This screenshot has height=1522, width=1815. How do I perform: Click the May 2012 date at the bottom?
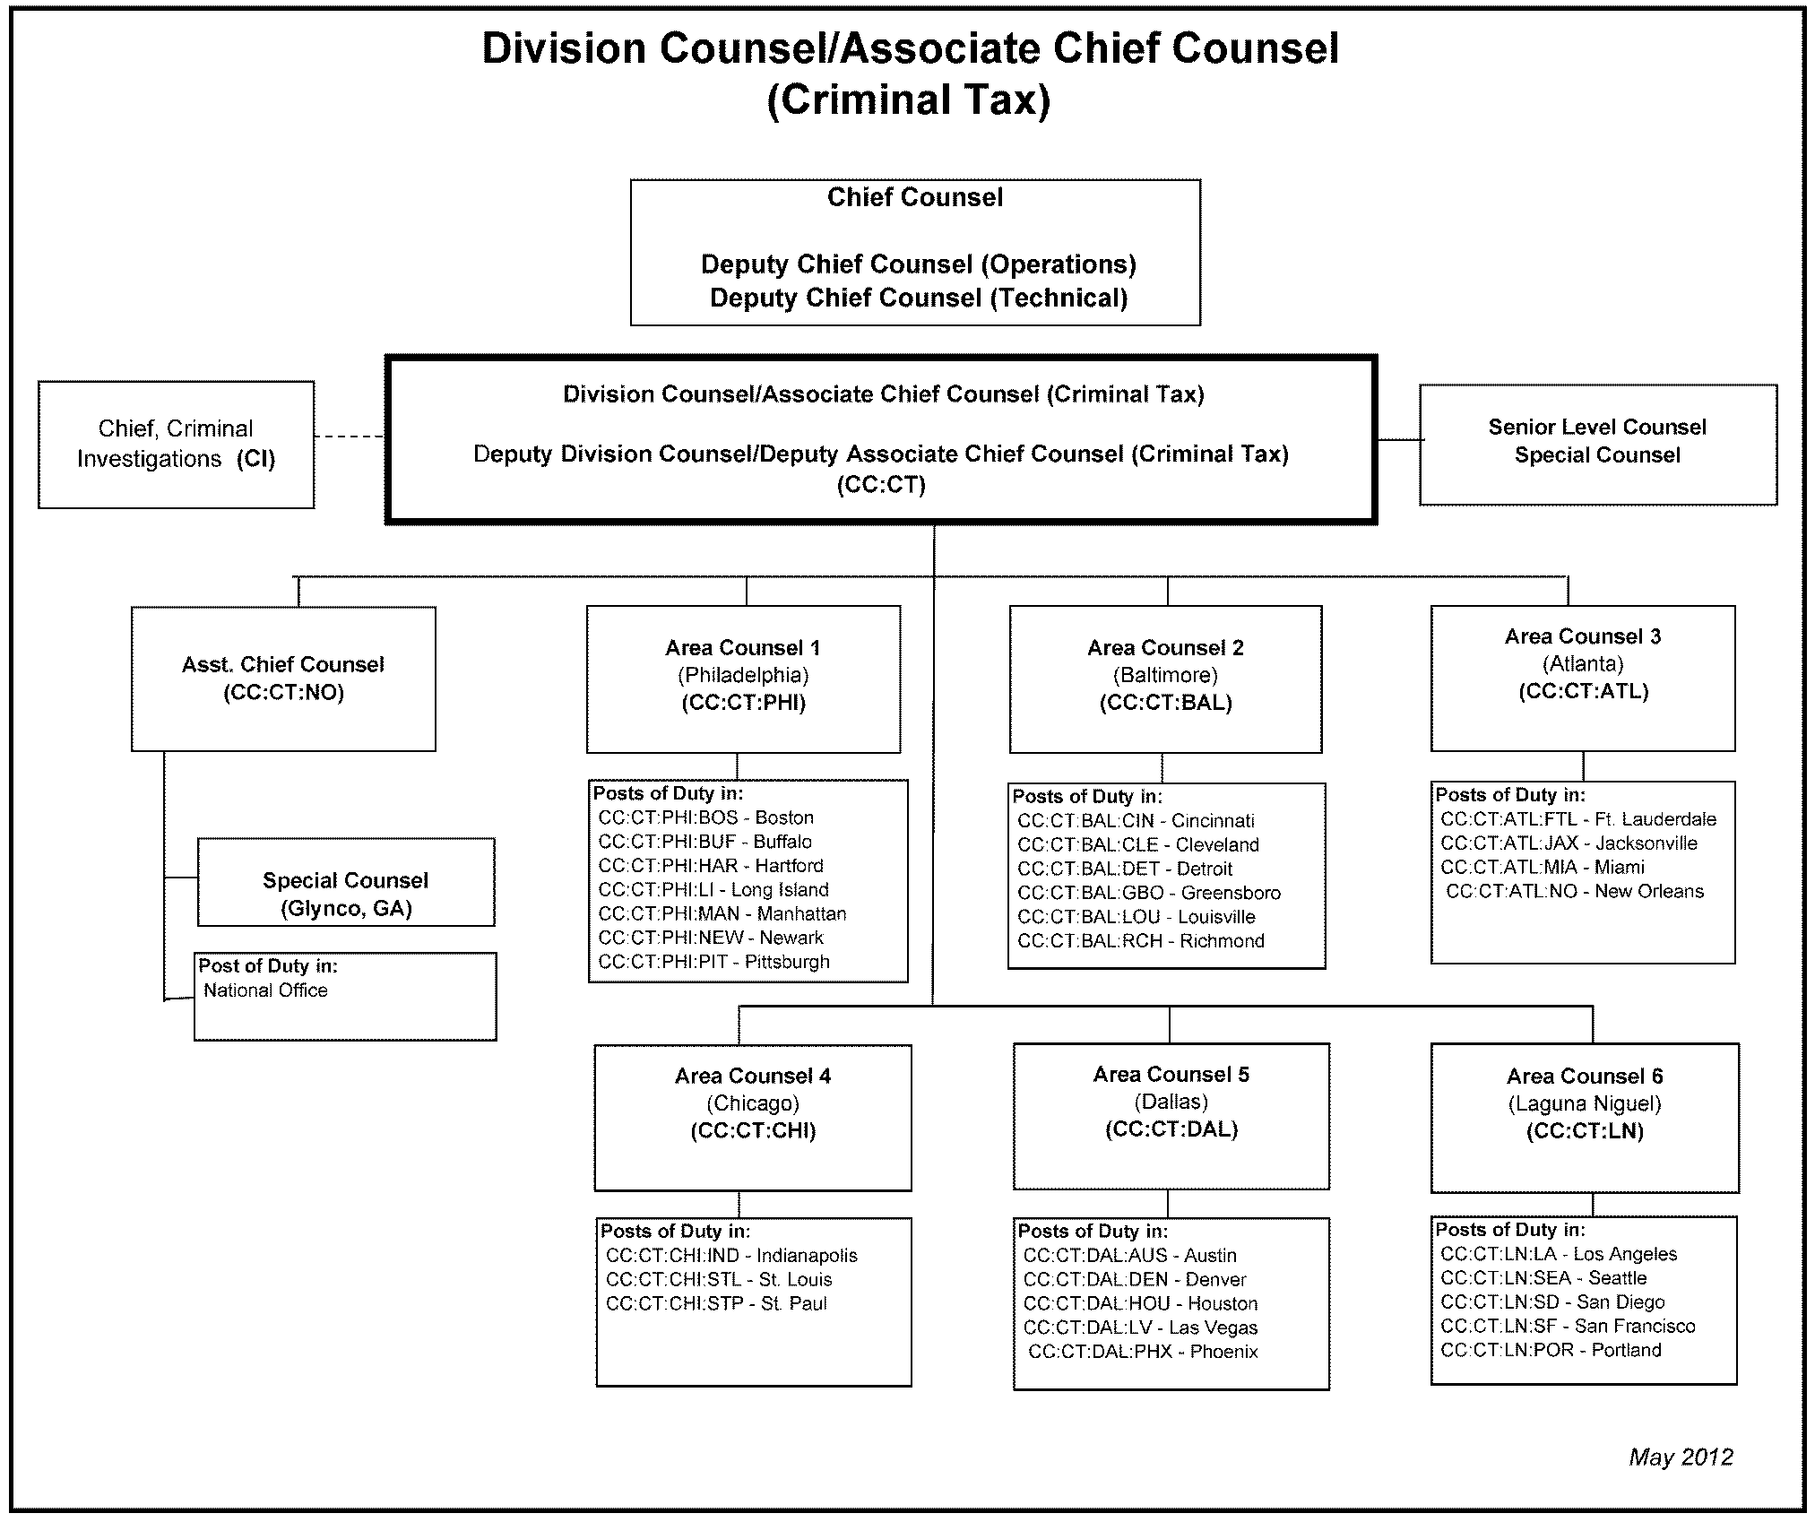[x=1680, y=1457]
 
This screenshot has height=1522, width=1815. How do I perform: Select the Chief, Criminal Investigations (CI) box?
[x=176, y=445]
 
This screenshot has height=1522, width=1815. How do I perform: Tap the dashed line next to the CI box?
[x=350, y=437]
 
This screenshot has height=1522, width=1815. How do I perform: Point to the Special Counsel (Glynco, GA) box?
[x=345, y=883]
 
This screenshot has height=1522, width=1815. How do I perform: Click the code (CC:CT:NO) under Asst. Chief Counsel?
[x=283, y=693]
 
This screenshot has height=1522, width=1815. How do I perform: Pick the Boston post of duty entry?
[x=706, y=817]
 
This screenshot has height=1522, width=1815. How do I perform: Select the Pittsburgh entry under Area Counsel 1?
[x=714, y=962]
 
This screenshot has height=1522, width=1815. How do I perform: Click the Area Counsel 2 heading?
[x=1165, y=648]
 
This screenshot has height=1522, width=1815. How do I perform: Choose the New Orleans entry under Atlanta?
[x=1575, y=891]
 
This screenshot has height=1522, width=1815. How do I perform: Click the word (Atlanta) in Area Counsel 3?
[x=1583, y=664]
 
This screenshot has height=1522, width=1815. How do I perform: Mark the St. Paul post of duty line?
[x=716, y=1303]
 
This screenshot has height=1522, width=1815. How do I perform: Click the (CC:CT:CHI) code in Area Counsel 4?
[x=753, y=1131]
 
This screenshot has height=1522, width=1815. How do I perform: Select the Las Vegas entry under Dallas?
[x=1140, y=1327]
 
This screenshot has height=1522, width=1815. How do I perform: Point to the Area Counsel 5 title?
[x=1171, y=1075]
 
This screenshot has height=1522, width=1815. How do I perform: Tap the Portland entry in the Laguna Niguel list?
[x=1551, y=1350]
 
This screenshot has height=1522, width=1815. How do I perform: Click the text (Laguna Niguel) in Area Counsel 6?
[x=1584, y=1103]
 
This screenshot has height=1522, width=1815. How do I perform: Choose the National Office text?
[x=265, y=990]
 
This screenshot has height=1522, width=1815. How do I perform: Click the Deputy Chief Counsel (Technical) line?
[x=918, y=298]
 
